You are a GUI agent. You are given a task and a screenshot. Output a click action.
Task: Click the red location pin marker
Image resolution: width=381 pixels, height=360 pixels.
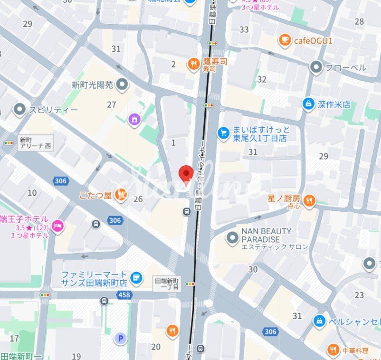[x=185, y=174]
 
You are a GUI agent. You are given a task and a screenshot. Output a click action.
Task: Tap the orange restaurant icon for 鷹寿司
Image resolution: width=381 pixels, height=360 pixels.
[x=193, y=64]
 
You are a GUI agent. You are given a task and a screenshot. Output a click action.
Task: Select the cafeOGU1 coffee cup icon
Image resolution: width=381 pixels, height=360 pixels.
[x=285, y=40]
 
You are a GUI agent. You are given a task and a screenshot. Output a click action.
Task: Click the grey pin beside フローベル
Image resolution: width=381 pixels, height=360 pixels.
[x=316, y=67]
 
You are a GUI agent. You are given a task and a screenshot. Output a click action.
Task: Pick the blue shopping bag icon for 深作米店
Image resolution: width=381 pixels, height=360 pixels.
[x=309, y=104]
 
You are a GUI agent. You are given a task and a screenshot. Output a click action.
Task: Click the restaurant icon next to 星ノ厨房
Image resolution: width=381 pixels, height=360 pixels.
[x=309, y=201]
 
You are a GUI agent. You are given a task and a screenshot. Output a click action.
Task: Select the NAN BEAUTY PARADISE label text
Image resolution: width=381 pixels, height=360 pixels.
[x=267, y=235]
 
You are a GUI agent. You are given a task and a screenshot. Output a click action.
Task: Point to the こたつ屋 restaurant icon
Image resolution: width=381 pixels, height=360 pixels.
[x=122, y=194]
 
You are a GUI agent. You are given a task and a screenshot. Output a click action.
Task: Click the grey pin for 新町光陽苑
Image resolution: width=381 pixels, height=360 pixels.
[x=123, y=85]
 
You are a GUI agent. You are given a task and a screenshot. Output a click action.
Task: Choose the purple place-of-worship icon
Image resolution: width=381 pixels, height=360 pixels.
[x=135, y=119]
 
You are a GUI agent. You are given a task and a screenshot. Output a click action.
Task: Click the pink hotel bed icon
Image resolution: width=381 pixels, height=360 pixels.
[x=58, y=227]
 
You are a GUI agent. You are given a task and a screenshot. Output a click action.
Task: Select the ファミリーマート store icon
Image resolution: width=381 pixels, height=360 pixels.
[x=136, y=278]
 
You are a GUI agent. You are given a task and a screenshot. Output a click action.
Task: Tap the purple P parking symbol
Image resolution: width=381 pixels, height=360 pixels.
[x=121, y=338]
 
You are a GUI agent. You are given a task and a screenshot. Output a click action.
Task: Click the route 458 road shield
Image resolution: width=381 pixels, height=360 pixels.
[x=125, y=295]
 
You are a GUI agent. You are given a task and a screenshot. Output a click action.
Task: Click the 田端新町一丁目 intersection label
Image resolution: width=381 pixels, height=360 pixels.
[x=167, y=284]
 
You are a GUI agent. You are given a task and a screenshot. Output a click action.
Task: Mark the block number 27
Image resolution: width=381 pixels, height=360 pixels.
[x=112, y=104]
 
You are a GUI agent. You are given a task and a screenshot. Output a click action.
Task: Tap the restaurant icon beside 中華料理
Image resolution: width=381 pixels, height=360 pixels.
[x=334, y=351]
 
